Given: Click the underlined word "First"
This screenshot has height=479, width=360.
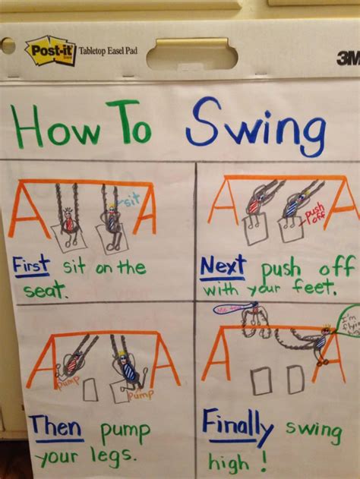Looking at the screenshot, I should (31, 266).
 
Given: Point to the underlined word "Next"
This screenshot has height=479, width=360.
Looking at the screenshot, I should (223, 266).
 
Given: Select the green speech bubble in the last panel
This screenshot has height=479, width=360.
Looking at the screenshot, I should (348, 319).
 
